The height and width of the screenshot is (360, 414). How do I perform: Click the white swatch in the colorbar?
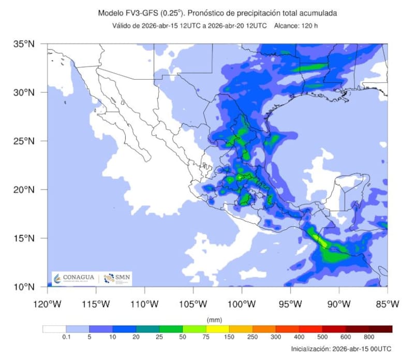coord(54,329)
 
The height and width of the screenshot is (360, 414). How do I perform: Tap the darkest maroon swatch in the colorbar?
coord(380,329)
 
